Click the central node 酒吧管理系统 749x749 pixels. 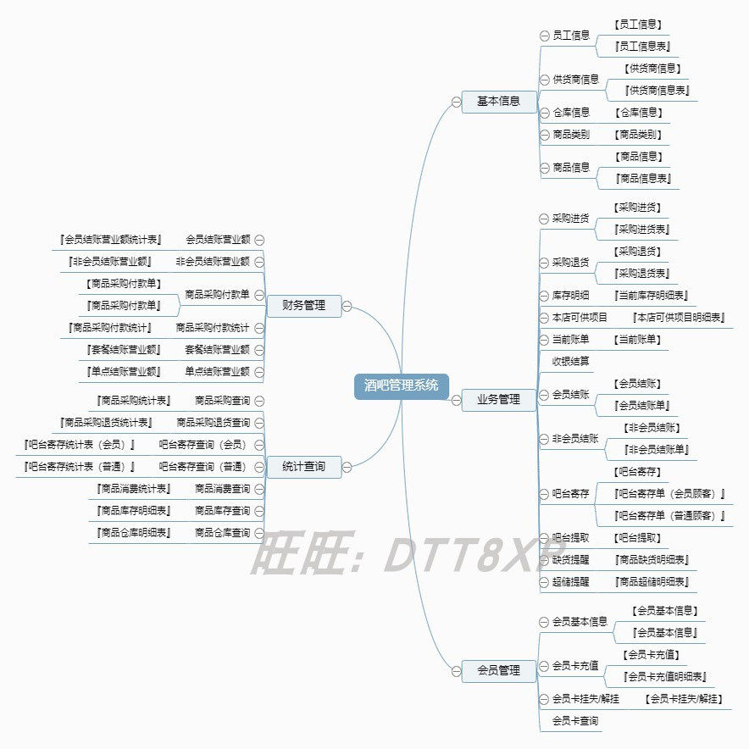point(402,386)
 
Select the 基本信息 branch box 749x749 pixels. point(498,102)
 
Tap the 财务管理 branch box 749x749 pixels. point(303,306)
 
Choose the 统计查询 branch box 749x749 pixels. point(303,466)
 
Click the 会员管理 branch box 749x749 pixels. point(498,671)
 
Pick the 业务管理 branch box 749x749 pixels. point(498,400)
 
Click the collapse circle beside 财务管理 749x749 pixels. point(347,307)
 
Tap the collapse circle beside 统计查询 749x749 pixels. point(347,466)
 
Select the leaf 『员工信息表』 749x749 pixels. point(646,47)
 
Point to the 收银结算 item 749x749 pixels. point(571,361)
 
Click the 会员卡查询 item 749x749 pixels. point(575,721)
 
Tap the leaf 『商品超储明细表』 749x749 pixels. point(652,582)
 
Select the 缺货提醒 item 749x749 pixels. point(571,560)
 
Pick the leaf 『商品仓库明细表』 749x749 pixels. point(134,533)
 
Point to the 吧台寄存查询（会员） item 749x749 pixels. point(203,444)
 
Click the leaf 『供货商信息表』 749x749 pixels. point(657,91)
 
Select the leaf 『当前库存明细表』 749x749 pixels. point(652,296)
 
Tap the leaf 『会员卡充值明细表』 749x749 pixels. point(665,677)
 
